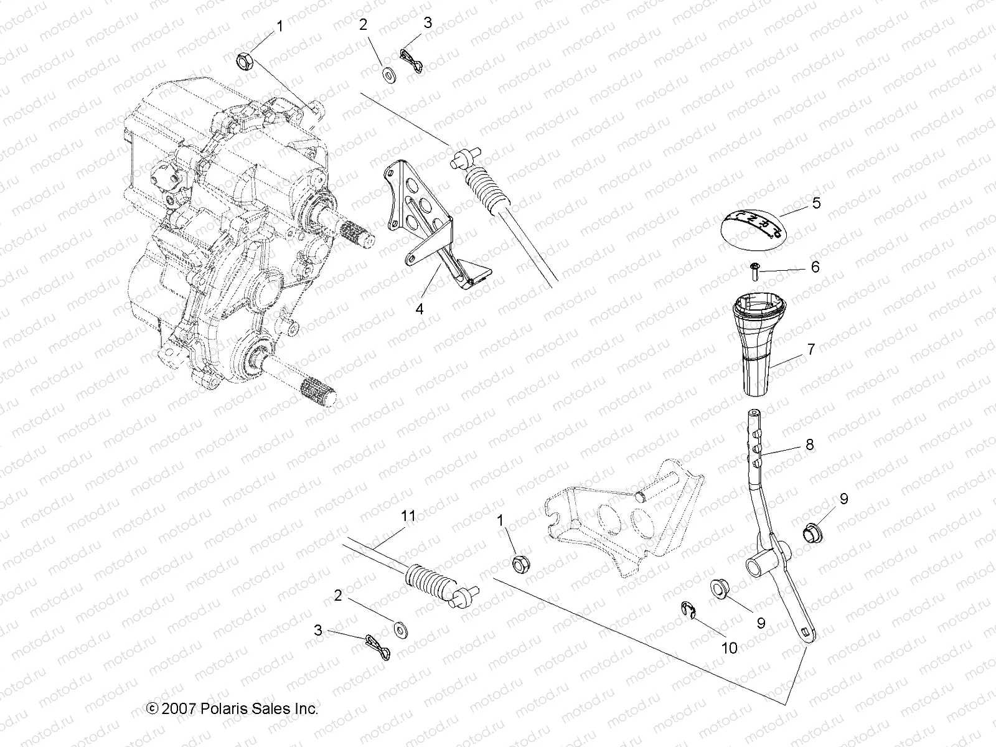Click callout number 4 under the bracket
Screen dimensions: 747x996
pyautogui.click(x=420, y=308)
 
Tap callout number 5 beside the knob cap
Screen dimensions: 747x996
pyautogui.click(x=816, y=203)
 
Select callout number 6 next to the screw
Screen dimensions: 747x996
pyautogui.click(x=815, y=267)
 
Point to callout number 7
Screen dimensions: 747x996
pyautogui.click(x=811, y=349)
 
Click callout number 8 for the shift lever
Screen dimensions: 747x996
pyautogui.click(x=809, y=444)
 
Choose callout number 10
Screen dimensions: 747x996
pyautogui.click(x=729, y=648)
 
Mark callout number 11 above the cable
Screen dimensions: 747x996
pyautogui.click(x=408, y=515)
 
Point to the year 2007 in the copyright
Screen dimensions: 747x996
pyautogui.click(x=179, y=708)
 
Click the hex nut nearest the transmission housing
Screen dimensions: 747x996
pyautogui.click(x=244, y=62)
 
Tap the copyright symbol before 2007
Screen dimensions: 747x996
pyautogui.click(x=151, y=708)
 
